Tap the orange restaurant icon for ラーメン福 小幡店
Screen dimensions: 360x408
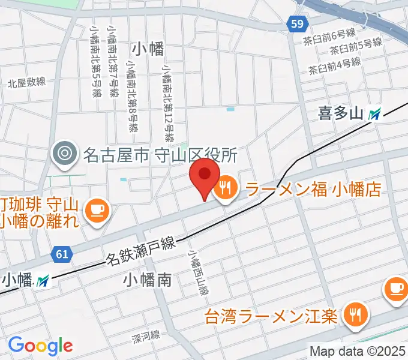(x=226, y=190)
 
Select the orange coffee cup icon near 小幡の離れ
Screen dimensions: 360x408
(x=96, y=210)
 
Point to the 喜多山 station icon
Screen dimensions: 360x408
(x=376, y=113)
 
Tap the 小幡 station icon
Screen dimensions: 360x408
(x=43, y=280)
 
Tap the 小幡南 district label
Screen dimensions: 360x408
(x=148, y=279)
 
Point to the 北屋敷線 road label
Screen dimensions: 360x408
(x=27, y=82)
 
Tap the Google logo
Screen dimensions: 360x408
(x=40, y=345)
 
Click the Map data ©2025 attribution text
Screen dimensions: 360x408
(x=358, y=351)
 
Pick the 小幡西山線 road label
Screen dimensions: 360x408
(x=200, y=274)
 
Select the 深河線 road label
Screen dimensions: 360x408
(x=147, y=338)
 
